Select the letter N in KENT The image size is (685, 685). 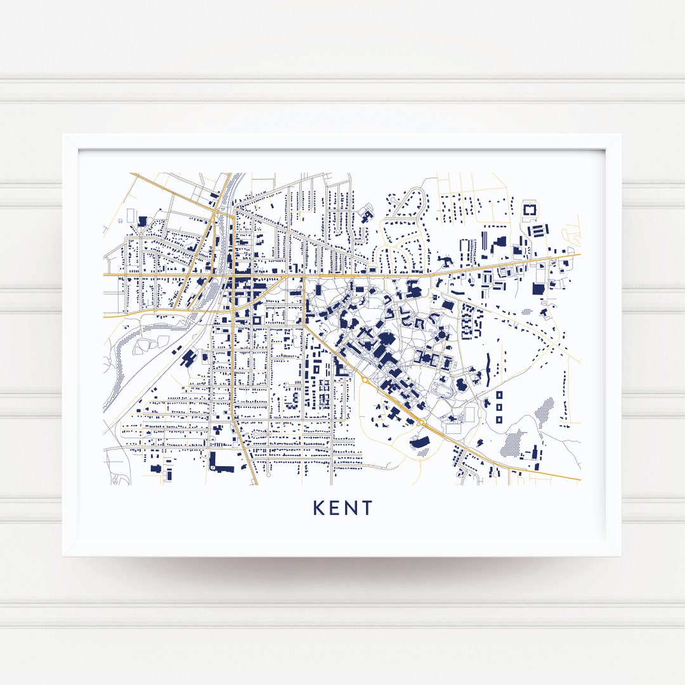pos(352,508)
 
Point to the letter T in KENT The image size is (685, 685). pos(368,508)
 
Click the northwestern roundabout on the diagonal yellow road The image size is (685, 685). pos(365,379)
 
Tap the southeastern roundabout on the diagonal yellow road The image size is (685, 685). pos(422,422)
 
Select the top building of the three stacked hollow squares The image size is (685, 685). pos(499,396)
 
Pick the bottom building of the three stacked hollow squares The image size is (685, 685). pos(499,419)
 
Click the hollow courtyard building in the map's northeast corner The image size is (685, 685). pos(528,209)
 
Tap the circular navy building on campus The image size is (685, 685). pos(442,334)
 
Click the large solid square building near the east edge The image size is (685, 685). pos(538,289)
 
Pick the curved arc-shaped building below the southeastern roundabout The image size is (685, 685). pos(420,441)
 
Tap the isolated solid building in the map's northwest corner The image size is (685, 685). pos(141,221)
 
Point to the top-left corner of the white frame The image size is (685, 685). pos(63,135)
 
